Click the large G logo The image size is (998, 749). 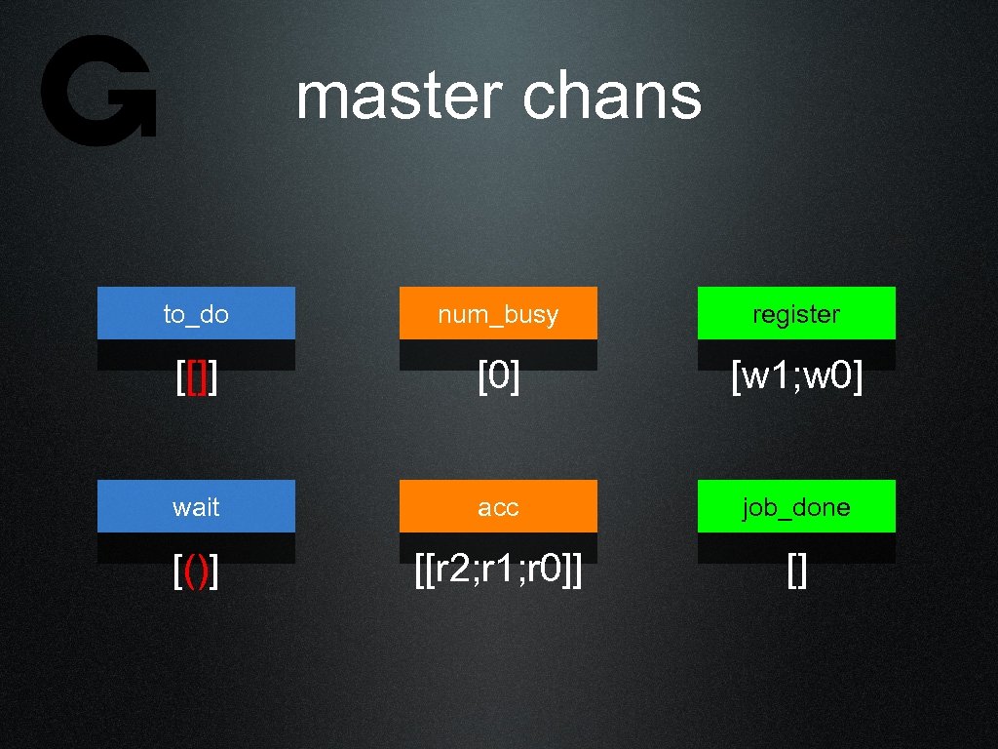coord(98,91)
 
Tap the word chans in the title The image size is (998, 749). coord(612,97)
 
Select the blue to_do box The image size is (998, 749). coord(196,314)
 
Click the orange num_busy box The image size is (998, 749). coord(498,314)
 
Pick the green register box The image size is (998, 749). coord(796,314)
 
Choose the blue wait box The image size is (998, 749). coord(196,507)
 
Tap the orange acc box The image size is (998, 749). coord(498,507)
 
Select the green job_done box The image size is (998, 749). coord(796,507)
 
